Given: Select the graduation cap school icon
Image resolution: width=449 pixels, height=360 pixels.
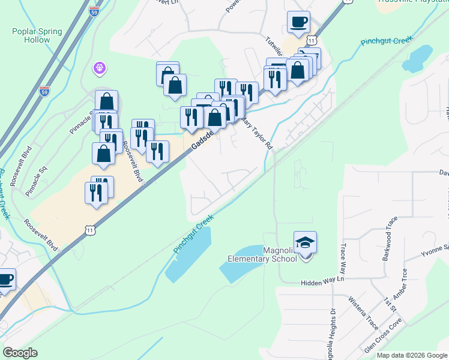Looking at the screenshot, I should pyautogui.click(x=305, y=242).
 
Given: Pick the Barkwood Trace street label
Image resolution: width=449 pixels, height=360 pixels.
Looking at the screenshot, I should pyautogui.click(x=387, y=240).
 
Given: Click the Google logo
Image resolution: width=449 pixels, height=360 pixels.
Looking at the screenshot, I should pyautogui.click(x=20, y=353).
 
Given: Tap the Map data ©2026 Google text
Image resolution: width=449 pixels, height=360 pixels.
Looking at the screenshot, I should pyautogui.click(x=412, y=355).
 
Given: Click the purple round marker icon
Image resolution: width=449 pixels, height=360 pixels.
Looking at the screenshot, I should pyautogui.click(x=100, y=69).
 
